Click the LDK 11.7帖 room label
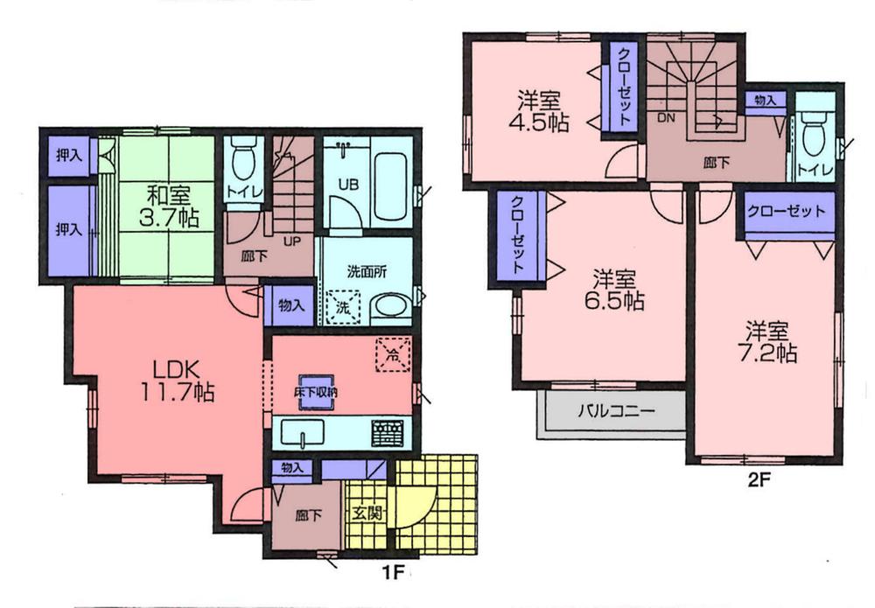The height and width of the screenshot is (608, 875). [175, 378]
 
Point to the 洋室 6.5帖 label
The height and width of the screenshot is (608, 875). [617, 290]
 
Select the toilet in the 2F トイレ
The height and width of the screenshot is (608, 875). [814, 136]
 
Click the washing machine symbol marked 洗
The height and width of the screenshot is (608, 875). [342, 309]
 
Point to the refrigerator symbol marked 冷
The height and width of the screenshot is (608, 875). [392, 354]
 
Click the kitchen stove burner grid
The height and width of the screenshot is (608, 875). [388, 433]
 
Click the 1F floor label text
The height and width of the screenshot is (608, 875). [391, 574]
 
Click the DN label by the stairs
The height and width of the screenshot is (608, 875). [664, 116]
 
